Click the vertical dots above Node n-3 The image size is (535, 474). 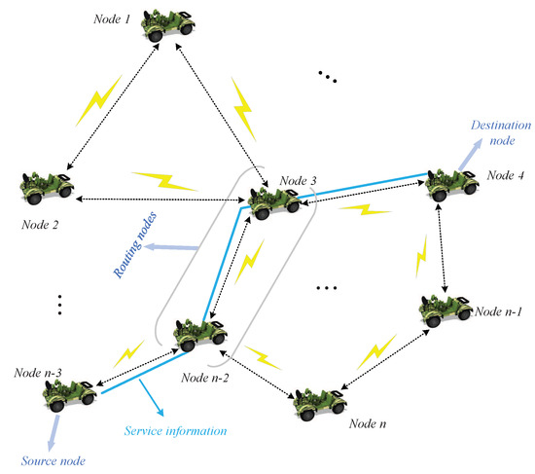pyautogui.click(x=59, y=304)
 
